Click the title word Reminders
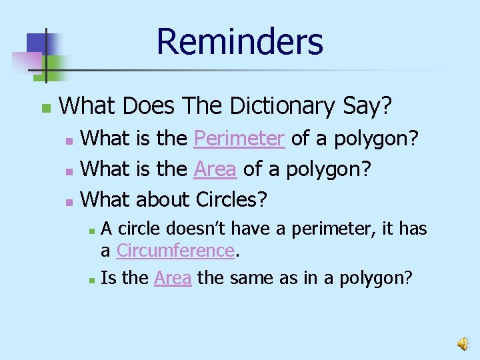click(x=239, y=41)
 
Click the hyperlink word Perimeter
click(x=239, y=139)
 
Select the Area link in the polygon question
click(x=215, y=169)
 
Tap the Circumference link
click(x=175, y=251)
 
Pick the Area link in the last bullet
click(x=173, y=278)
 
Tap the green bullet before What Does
click(x=45, y=107)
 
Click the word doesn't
click(x=201, y=229)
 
